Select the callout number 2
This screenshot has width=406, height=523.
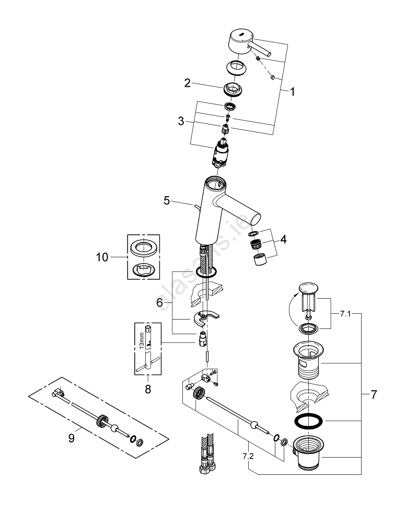(x=187, y=83)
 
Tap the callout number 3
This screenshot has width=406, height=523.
(x=181, y=121)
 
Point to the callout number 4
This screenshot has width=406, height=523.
(x=283, y=241)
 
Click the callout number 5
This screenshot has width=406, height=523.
(x=167, y=200)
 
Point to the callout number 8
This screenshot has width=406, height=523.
(x=148, y=389)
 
